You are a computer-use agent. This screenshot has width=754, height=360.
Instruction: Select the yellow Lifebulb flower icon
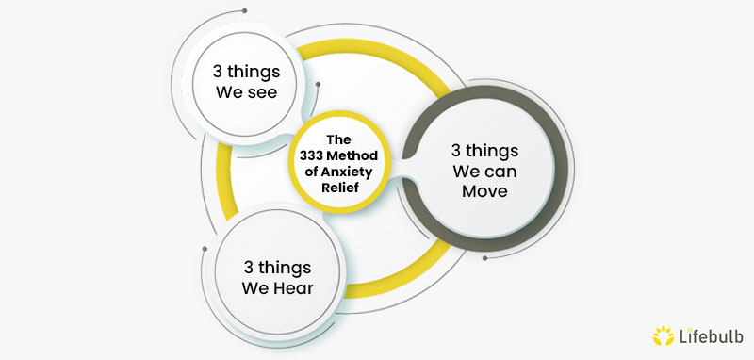663,335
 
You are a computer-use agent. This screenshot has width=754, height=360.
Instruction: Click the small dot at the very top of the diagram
244,11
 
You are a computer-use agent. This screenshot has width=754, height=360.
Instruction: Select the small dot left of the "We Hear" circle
205,249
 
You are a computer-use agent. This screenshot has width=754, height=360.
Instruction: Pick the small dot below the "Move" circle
484,256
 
